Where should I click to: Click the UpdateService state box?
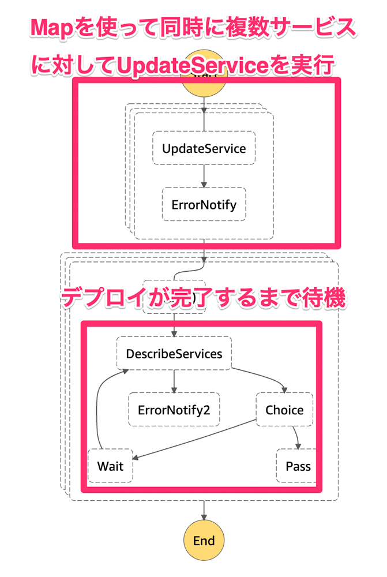(204, 148)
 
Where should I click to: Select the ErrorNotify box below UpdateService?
(204, 204)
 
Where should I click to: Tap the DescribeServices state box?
(174, 353)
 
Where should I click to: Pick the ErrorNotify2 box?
(174, 410)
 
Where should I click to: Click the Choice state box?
(284, 410)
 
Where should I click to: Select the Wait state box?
(110, 466)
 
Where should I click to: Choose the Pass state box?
(298, 466)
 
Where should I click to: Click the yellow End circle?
(204, 541)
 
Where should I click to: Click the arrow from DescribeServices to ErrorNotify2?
(174, 381)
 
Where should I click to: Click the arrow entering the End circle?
(204, 511)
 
